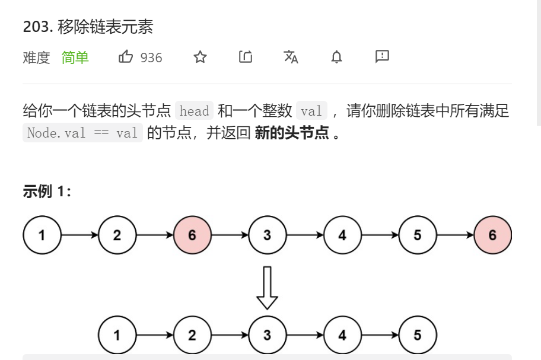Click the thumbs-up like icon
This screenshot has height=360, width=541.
tap(126, 57)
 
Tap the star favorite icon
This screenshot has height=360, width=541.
tap(201, 57)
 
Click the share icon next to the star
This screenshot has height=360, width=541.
tap(246, 57)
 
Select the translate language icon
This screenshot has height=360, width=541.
tap(291, 57)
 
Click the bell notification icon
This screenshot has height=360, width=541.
tap(336, 57)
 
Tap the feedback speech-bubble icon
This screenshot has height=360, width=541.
tap(382, 56)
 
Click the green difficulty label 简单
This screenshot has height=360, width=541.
tap(75, 58)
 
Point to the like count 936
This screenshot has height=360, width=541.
tap(151, 58)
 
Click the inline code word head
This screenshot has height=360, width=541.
tap(194, 111)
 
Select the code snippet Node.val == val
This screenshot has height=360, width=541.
tap(82, 133)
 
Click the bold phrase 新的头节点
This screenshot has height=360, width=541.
tap(292, 133)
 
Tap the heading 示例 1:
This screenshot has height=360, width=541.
tap(47, 192)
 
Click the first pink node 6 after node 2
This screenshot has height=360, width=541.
tap(192, 235)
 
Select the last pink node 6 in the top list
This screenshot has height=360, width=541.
tap(492, 235)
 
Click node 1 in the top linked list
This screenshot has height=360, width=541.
tap(42, 235)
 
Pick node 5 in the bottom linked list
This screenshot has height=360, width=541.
tap(418, 335)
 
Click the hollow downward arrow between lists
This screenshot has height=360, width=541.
tap(267, 288)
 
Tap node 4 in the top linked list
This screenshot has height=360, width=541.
tap(342, 235)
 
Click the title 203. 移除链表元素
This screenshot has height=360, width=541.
tap(88, 27)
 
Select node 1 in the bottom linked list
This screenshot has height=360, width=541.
tap(117, 335)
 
